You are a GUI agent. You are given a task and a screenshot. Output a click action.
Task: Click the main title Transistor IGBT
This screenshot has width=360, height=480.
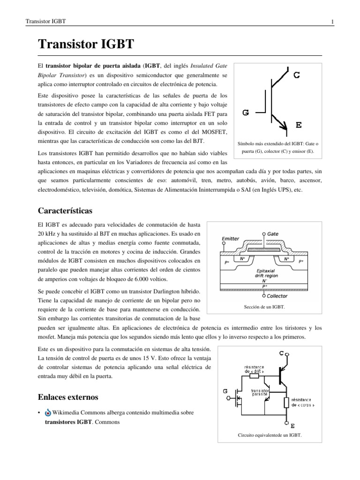pyautogui.click(x=86, y=45)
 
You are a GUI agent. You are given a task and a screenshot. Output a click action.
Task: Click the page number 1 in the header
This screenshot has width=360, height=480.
pyautogui.click(x=332, y=22)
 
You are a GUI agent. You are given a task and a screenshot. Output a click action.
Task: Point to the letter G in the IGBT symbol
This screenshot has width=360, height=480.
pyautogui.click(x=246, y=112)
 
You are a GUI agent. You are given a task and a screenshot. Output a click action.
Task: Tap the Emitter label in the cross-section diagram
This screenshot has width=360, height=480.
pyautogui.click(x=230, y=238)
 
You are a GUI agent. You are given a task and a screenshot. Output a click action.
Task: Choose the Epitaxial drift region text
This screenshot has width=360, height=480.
pyautogui.click(x=265, y=273)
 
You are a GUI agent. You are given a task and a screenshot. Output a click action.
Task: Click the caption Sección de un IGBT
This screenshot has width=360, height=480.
pyautogui.click(x=264, y=307)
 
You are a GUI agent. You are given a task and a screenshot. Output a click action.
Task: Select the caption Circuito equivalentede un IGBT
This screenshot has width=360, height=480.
pyautogui.click(x=270, y=435)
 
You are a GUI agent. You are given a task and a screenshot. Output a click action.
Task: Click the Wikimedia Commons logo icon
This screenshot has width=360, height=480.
pyautogui.click(x=48, y=412)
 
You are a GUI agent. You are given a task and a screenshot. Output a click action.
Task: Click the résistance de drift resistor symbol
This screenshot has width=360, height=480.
pyautogui.click(x=254, y=375)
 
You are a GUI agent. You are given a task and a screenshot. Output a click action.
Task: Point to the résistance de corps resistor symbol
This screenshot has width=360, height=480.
pyautogui.click(x=285, y=402)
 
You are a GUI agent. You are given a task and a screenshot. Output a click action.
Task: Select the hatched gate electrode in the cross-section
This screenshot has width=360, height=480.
pyautogui.click(x=265, y=251)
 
